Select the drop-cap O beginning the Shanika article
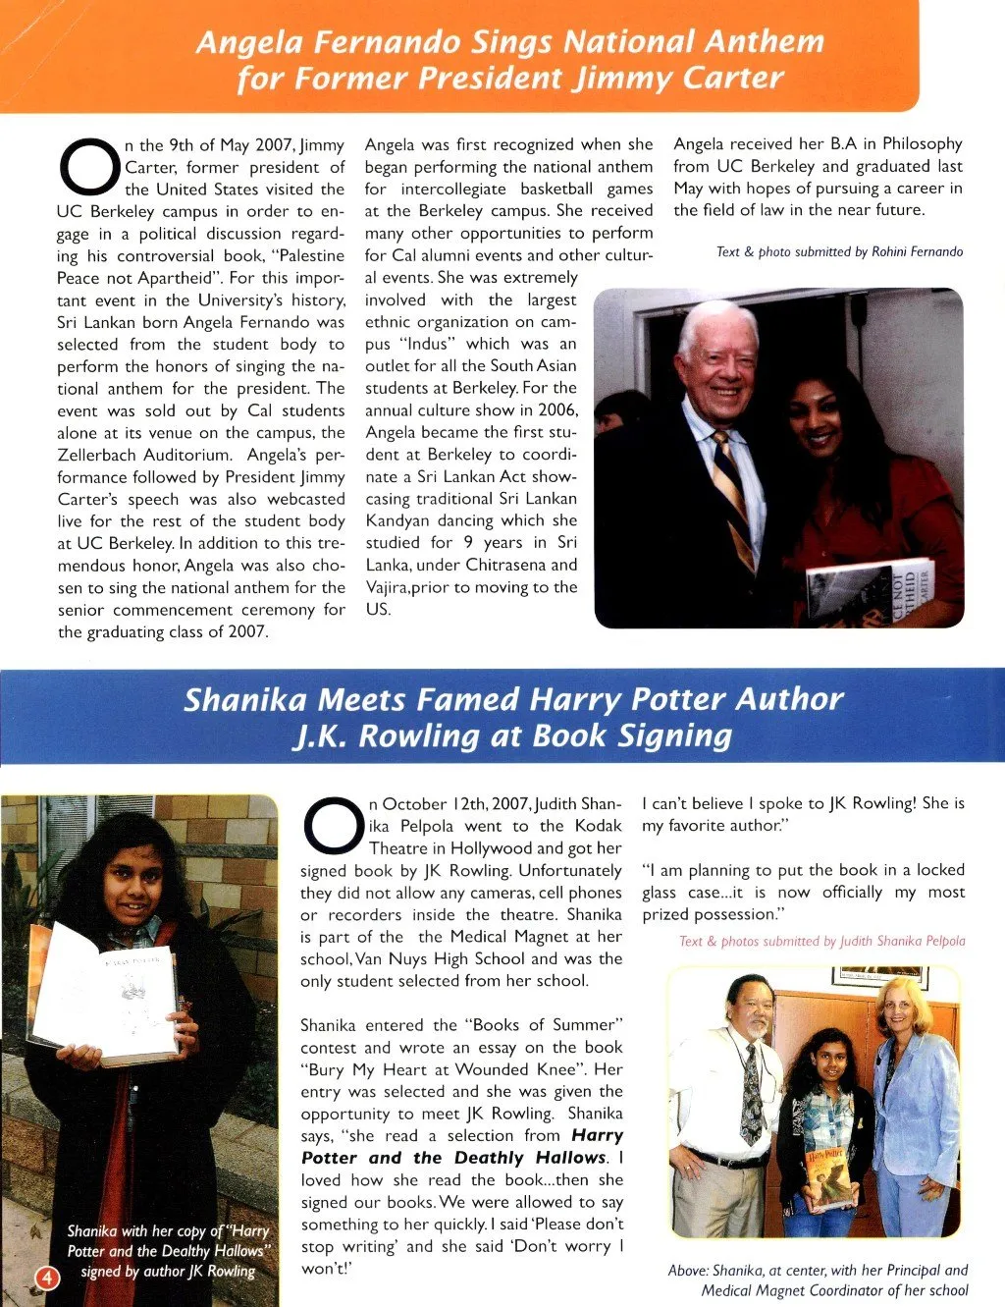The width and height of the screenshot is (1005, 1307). pyautogui.click(x=333, y=826)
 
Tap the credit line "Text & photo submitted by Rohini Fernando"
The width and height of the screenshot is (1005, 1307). pyautogui.click(x=839, y=252)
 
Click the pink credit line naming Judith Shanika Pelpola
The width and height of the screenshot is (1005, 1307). pyautogui.click(x=821, y=941)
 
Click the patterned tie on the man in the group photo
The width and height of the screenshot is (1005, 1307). pyautogui.click(x=751, y=1089)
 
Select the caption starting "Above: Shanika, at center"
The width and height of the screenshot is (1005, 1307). pyautogui.click(x=818, y=1280)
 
